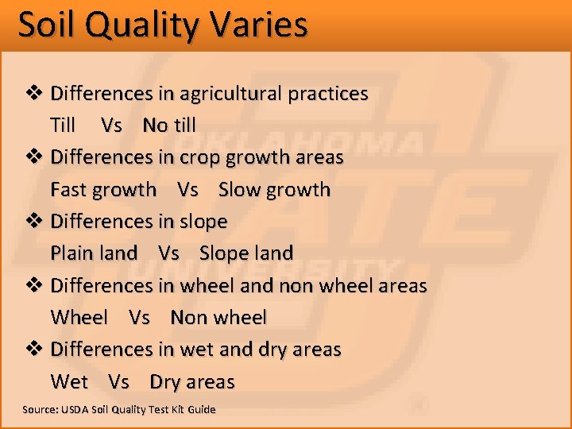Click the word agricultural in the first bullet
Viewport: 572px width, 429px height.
231,94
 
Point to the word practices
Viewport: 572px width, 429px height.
328,94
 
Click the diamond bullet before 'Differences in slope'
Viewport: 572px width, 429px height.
34,222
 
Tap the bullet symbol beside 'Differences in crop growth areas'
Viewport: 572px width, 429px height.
34,157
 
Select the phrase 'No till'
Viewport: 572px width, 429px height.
168,126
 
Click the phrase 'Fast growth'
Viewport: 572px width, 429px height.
103,190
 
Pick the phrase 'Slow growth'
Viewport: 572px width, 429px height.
274,190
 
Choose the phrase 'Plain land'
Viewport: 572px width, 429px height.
94,253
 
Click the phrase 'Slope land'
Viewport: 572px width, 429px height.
246,253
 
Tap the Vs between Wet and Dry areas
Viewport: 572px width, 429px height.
118,382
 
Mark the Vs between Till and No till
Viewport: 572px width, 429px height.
112,126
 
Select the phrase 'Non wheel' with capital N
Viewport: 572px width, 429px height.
218,318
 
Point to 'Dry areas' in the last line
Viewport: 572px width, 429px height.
192,382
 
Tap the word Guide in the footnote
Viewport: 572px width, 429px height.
201,410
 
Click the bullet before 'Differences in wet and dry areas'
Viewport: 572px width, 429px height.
34,350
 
